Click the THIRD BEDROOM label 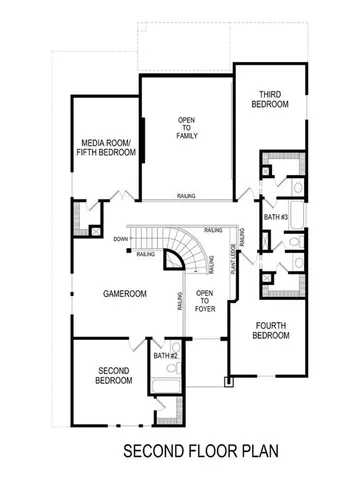coord(271,99)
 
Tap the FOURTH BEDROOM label coord(272,330)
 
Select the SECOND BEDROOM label coord(113,375)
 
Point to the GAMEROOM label coord(125,294)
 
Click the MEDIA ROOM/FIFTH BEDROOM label coord(106,150)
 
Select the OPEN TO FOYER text coord(204,300)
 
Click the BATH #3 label coord(277,217)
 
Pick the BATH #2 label coord(166,356)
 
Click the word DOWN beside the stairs coord(120,239)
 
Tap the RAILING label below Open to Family coord(186,196)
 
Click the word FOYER coord(204,307)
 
